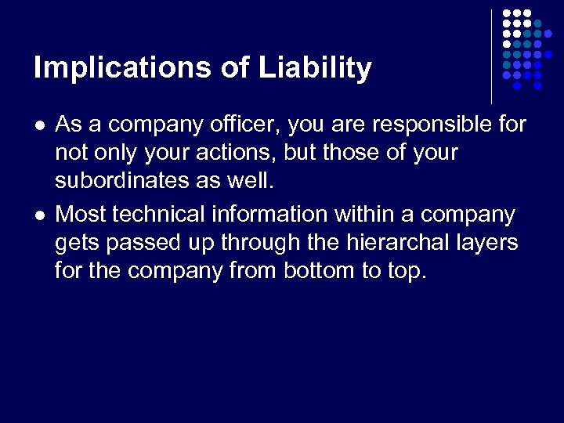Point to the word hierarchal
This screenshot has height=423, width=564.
point(389,243)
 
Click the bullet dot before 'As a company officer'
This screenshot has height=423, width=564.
point(38,125)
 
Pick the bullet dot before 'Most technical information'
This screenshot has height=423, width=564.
point(38,215)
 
